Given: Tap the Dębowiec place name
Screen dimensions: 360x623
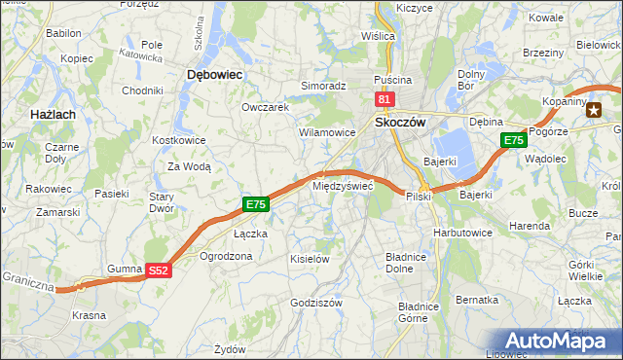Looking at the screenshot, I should [x=214, y=74].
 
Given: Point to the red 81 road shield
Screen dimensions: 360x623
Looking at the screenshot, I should [x=385, y=99].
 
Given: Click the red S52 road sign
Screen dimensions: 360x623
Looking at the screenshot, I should [x=160, y=271].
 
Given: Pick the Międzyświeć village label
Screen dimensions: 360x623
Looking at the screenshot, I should [x=341, y=185].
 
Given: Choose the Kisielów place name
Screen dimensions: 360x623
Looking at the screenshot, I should [x=311, y=259].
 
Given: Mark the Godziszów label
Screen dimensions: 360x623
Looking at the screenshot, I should [x=316, y=303].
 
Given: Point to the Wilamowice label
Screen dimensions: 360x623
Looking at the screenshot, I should [x=327, y=131].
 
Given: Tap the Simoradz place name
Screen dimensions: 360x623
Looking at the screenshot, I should [x=323, y=86].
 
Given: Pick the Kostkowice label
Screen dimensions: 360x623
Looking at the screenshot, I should [x=176, y=140].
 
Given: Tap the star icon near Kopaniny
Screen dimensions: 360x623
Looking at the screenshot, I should [x=594, y=109].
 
